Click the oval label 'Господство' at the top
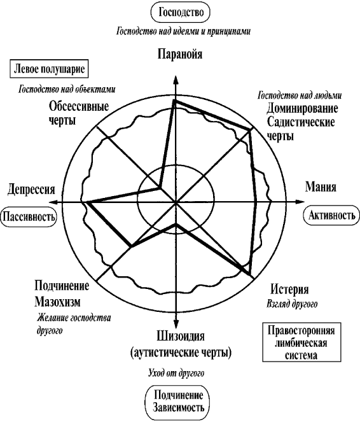(x=181, y=12)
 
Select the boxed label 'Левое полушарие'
(x=49, y=69)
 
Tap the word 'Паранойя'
(x=179, y=54)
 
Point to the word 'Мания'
(x=321, y=186)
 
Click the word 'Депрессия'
(x=31, y=189)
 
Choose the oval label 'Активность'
(x=331, y=215)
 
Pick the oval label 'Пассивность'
(x=29, y=216)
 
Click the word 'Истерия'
(x=289, y=290)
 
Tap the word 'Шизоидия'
(x=181, y=337)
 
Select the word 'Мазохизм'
(x=57, y=302)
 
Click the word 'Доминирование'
(x=302, y=108)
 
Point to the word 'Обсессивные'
(x=79, y=106)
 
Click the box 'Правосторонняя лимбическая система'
(x=301, y=342)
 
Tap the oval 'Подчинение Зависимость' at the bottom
(x=177, y=402)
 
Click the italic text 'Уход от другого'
(x=176, y=373)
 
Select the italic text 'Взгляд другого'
(x=292, y=304)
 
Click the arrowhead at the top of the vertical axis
(x=176, y=81)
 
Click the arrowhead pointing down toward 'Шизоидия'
(x=176, y=323)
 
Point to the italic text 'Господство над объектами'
(x=67, y=89)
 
